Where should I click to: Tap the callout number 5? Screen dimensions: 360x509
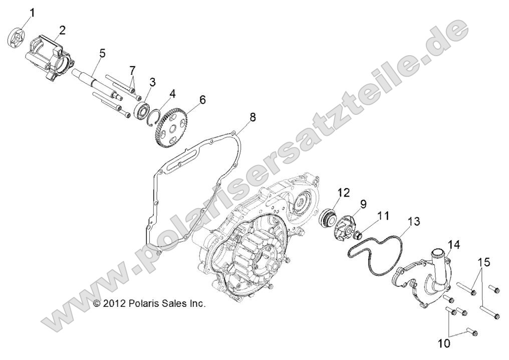point(102,53)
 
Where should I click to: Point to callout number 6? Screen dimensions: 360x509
point(202,100)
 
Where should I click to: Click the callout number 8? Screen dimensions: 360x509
point(252,117)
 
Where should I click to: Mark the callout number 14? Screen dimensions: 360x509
point(453,245)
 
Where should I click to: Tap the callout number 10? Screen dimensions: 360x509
point(444,343)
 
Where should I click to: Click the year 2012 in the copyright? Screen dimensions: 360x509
point(113,303)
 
